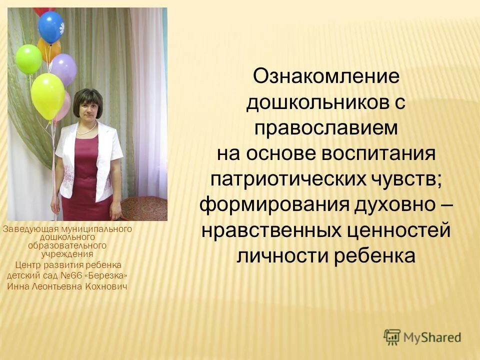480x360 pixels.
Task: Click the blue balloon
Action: pos(51,27)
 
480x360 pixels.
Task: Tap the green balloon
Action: pos(28,58)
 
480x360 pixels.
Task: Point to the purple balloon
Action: pos(64,68)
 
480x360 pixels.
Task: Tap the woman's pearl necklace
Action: pos(87,129)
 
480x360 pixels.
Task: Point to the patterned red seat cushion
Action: pos(144,207)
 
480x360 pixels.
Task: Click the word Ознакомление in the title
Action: pos(326,76)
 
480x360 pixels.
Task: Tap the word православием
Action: pos(326,127)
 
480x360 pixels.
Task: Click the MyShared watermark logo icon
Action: pos(392,337)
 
